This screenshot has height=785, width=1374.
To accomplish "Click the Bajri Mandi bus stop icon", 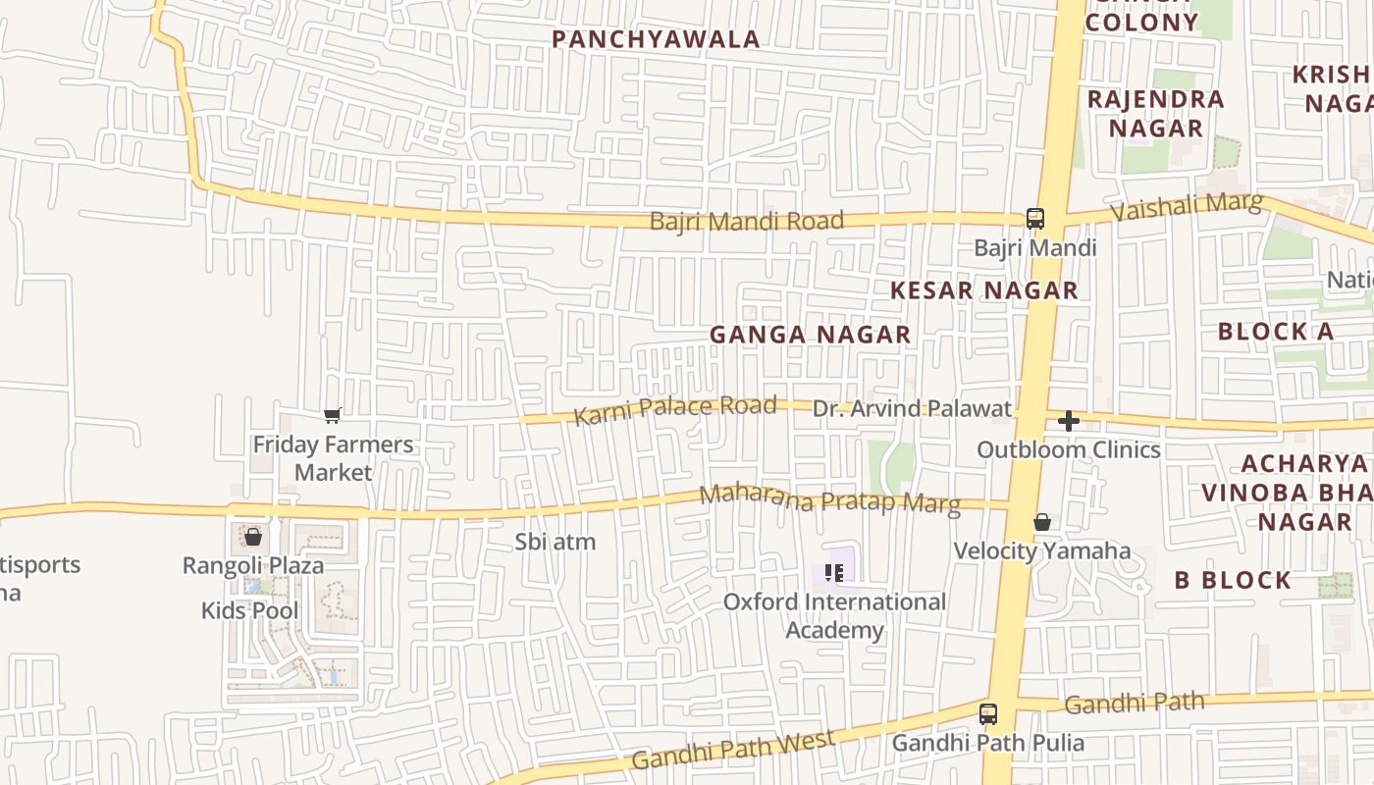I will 1034,219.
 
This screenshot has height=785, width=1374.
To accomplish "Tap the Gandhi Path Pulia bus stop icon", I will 988,714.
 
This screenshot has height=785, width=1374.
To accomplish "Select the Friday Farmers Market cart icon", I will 333,416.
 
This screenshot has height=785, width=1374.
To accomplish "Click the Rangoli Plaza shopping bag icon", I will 253,537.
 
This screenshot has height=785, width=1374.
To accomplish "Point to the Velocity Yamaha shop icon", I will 1042,522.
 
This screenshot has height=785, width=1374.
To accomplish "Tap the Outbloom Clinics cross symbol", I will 1069,422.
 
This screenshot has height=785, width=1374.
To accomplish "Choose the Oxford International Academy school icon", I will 834,572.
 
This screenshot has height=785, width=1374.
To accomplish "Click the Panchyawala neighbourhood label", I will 656,39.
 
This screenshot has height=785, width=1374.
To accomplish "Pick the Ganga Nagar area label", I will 810,335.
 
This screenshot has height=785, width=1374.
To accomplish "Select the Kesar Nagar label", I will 984,290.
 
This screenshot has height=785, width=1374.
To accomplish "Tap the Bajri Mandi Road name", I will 746,221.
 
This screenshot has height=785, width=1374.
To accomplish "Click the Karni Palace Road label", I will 675,410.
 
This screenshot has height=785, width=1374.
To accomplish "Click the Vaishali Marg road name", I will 1186,207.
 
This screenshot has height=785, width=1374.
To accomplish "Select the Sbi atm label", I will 555,542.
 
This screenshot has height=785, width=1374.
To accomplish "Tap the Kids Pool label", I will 249,610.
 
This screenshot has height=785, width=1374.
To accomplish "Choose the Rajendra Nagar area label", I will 1156,114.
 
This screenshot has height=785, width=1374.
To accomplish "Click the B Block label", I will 1233,580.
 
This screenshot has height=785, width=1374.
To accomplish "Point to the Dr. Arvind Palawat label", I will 912,409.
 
